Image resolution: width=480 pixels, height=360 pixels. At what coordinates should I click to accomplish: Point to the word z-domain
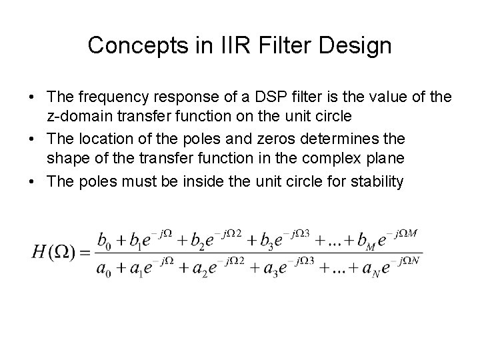click(79, 115)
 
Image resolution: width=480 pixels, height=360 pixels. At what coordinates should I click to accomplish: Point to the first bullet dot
click(31, 98)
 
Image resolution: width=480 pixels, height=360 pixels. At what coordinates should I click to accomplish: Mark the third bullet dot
click(31, 181)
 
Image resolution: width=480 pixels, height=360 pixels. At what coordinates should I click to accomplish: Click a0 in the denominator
click(105, 269)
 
